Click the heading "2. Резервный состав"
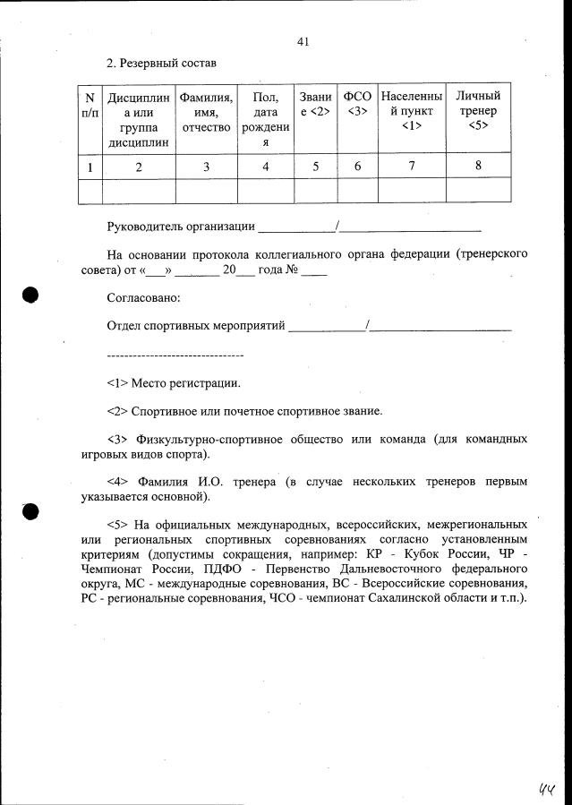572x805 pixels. coord(161,64)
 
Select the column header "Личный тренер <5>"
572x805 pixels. coord(478,111)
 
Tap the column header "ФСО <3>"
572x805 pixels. coord(357,104)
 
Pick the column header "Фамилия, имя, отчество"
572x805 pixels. coord(207,111)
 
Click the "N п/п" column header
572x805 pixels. coord(90,104)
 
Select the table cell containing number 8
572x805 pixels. coord(478,166)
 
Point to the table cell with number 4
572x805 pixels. coord(266,166)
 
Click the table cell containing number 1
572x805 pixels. coord(90,166)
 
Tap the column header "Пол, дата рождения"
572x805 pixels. coord(266,118)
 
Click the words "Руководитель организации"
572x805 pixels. coord(181,227)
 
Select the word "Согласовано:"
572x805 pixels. coord(143,297)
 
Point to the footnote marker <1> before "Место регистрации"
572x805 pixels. coord(117,383)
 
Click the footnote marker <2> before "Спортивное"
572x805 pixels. coord(117,411)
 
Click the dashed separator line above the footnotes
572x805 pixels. coord(175,355)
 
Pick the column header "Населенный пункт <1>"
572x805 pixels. coord(411,111)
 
